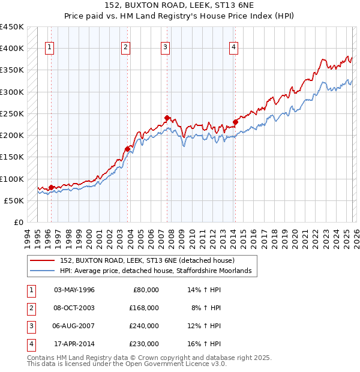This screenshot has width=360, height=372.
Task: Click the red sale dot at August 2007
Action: click(x=167, y=118)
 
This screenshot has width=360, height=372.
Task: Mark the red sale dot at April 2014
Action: click(x=236, y=122)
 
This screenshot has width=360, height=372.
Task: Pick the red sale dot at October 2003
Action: click(x=127, y=149)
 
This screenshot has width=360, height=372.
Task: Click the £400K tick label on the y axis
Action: click(x=12, y=48)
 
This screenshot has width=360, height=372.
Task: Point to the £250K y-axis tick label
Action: click(x=12, y=113)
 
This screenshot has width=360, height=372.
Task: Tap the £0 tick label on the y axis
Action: click(x=18, y=222)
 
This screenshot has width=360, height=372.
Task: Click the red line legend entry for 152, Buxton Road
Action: click(x=150, y=260)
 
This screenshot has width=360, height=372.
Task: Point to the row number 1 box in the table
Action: click(x=30, y=289)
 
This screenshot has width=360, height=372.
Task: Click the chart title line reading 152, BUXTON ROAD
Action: click(x=179, y=5)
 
